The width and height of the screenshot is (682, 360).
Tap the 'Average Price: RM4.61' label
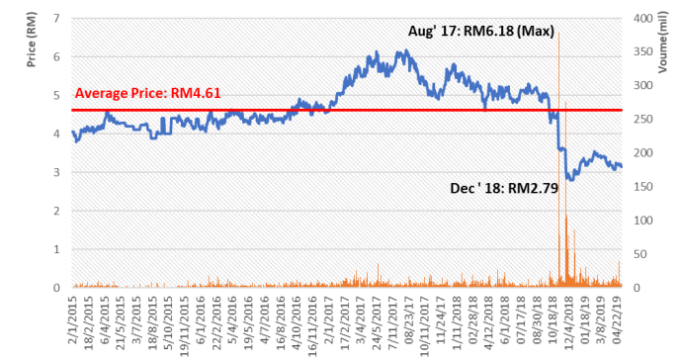coord(147,94)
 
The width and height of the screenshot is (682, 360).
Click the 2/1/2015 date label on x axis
coord(73,318)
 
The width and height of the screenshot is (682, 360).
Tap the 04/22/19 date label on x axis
coord(617,318)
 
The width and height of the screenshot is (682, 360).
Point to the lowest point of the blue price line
coord(570,180)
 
